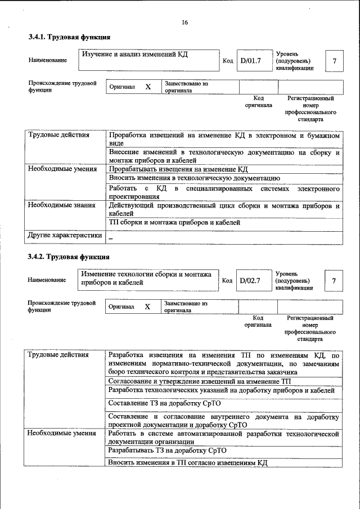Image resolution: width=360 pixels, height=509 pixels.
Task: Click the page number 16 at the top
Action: (x=184, y=22)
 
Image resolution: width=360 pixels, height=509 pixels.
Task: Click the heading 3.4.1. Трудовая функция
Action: (x=69, y=37)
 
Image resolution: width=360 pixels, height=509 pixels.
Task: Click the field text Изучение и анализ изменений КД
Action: (x=134, y=55)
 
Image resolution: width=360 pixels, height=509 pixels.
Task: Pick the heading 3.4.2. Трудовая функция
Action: (x=69, y=258)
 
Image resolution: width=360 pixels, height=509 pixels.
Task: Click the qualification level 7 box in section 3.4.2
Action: (x=334, y=280)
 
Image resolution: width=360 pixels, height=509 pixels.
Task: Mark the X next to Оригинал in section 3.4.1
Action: (x=148, y=88)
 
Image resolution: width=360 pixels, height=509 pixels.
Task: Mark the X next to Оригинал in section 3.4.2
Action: (x=147, y=307)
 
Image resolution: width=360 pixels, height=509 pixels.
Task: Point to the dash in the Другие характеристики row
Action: (x=111, y=238)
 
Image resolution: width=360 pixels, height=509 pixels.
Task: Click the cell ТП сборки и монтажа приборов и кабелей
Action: (x=174, y=223)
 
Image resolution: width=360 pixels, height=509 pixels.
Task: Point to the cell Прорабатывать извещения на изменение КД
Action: (x=178, y=169)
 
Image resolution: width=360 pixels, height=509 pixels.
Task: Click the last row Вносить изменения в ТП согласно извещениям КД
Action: (x=187, y=462)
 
